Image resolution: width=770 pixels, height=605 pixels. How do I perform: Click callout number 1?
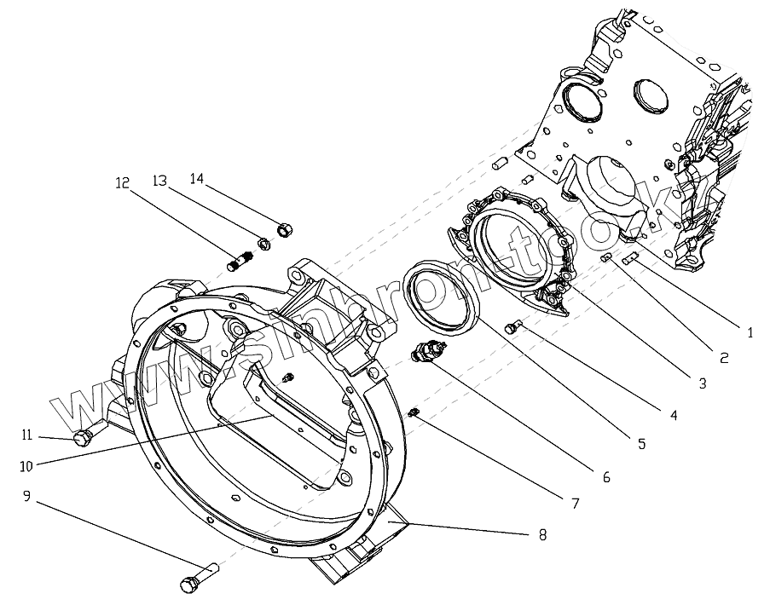[x=750, y=332]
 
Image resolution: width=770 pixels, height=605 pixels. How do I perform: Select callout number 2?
[x=724, y=358]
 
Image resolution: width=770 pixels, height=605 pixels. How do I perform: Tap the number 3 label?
[x=702, y=383]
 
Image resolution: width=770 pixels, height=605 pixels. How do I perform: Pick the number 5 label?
[x=640, y=443]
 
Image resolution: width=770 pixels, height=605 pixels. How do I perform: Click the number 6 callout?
[x=606, y=477]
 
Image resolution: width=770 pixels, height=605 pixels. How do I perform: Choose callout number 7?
[x=576, y=504]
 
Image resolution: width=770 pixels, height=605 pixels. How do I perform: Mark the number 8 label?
[x=542, y=534]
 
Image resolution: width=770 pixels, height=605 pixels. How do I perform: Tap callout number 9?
[x=26, y=496]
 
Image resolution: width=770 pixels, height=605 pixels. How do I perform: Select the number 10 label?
[x=26, y=465]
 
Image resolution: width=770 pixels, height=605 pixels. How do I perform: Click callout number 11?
[x=26, y=435]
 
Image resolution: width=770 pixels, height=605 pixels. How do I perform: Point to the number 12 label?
[x=123, y=182]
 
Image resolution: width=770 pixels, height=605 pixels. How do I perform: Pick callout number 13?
[x=159, y=180]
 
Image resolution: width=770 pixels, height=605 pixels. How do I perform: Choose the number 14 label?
[x=197, y=178]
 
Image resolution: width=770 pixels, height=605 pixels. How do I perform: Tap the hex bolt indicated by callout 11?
[x=83, y=438]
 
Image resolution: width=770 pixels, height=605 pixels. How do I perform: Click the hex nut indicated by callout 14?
[x=285, y=228]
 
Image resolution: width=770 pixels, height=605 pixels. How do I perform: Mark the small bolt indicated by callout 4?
[x=514, y=325]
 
